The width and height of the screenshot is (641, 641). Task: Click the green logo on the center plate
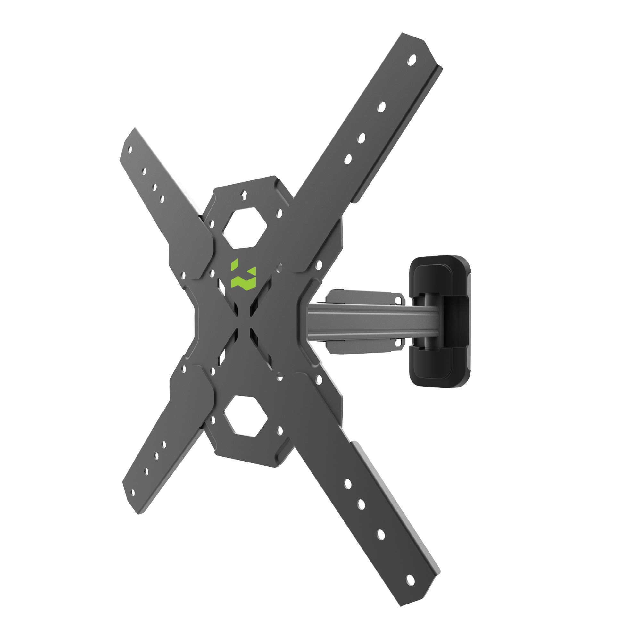[x=244, y=274]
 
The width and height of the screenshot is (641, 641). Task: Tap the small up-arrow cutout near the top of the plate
[x=244, y=195]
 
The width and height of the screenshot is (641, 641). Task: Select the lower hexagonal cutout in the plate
[x=245, y=415]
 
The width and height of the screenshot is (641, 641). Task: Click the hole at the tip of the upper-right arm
[x=412, y=60]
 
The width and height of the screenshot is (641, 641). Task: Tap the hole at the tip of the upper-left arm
[x=130, y=150]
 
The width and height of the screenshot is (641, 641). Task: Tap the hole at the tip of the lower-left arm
[x=133, y=493]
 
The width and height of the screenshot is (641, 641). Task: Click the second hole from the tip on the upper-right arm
[x=381, y=107]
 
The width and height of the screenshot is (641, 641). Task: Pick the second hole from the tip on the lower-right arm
[x=381, y=535]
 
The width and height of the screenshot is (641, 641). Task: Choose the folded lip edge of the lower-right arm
[x=398, y=508]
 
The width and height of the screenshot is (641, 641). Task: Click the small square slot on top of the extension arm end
[x=398, y=301]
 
